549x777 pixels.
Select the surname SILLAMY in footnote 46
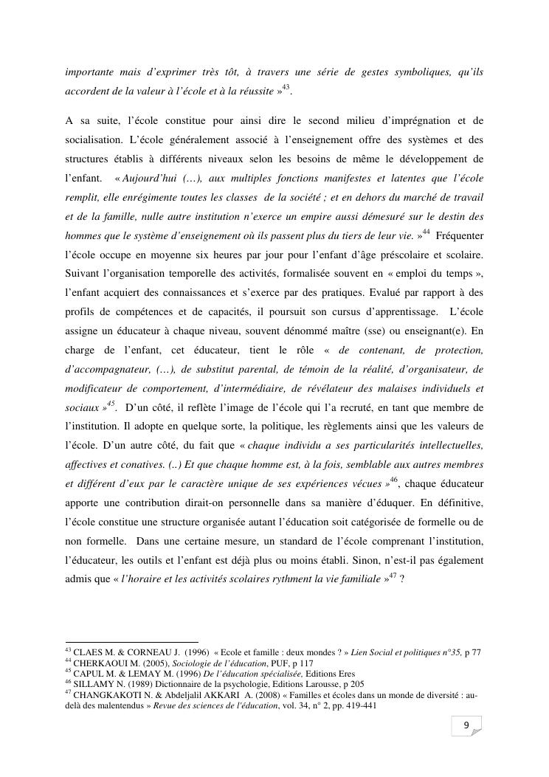point(91,684)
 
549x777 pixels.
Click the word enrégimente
point(148,198)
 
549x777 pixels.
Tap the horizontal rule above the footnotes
point(132,642)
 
